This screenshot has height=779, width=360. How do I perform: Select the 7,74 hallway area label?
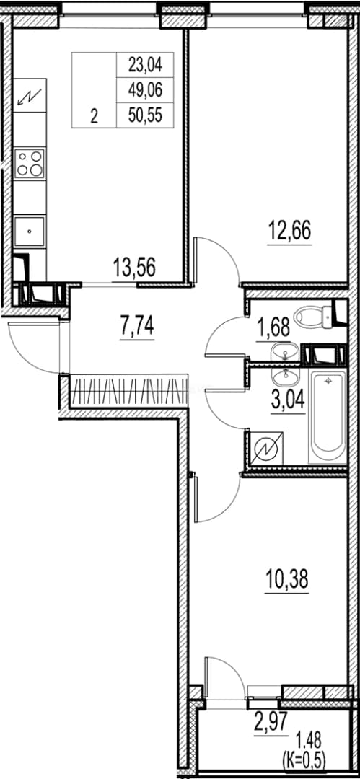[x=137, y=327]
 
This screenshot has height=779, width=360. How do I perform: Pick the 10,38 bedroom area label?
[x=286, y=578]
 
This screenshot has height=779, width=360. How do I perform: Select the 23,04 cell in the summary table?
[x=146, y=64]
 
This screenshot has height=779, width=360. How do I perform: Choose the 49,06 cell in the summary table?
[x=146, y=90]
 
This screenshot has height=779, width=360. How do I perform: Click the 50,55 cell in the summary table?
[x=146, y=116]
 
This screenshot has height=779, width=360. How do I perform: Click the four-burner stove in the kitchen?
[x=30, y=163]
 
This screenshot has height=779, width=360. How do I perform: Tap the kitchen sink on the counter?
[x=30, y=231]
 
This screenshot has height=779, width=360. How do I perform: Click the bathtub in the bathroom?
[x=328, y=418]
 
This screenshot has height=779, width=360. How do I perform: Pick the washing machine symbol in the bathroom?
[x=268, y=449]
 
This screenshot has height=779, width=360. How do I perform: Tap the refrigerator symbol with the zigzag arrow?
[x=30, y=95]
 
